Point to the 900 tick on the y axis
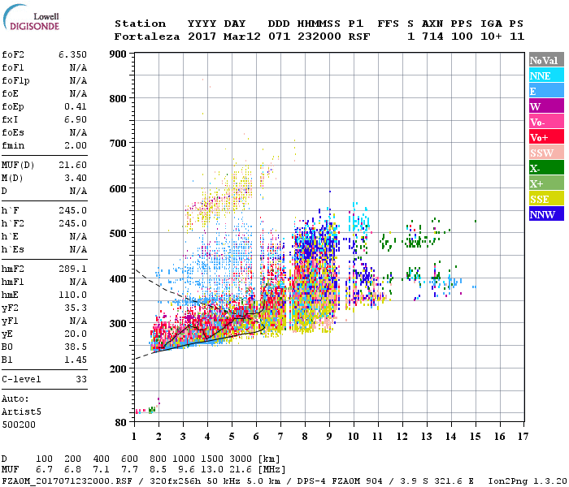(119, 54)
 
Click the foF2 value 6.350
(72, 54)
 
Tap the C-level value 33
(79, 378)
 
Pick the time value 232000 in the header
(319, 37)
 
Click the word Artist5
(20, 412)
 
